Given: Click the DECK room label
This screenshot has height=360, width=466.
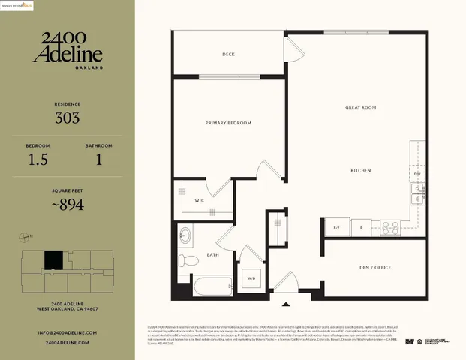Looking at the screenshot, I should click(x=229, y=55).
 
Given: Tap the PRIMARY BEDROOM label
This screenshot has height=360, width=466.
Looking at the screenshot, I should click(x=228, y=123).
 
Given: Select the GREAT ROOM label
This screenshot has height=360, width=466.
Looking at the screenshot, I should click(x=360, y=108).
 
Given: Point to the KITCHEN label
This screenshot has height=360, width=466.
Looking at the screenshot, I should click(x=361, y=171).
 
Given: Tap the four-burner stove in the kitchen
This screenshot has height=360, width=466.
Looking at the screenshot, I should click(x=390, y=226).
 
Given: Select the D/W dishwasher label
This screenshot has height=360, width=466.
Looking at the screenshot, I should click(x=417, y=174).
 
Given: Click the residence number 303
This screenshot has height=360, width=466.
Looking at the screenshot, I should click(x=67, y=118).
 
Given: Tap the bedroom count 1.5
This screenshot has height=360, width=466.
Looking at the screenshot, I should click(x=38, y=159).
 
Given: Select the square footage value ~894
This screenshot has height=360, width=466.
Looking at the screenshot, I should click(x=67, y=204).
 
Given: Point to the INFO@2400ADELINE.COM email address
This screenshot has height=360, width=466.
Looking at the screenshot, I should click(x=67, y=332).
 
